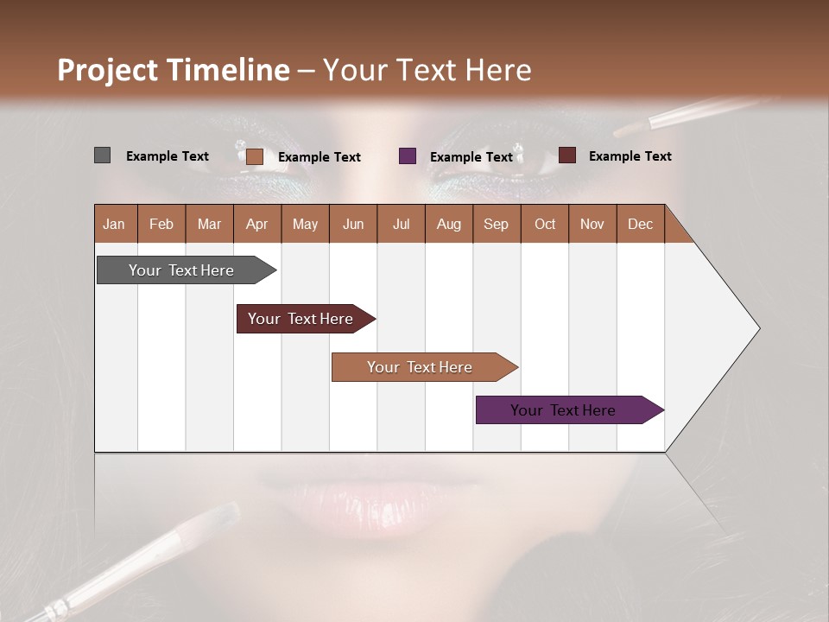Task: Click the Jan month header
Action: tap(114, 224)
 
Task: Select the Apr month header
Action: tap(256, 224)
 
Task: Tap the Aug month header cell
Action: tap(448, 224)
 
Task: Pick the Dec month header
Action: tap(640, 224)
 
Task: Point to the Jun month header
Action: tap(352, 224)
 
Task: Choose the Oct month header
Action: tap(544, 224)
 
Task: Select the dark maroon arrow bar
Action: tap(302, 319)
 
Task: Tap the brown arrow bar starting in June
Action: tap(421, 367)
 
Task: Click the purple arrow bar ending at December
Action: tap(566, 410)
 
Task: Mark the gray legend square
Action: tap(102, 155)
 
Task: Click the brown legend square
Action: tap(254, 156)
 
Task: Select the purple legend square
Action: tap(408, 155)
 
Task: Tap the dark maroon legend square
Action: tap(566, 155)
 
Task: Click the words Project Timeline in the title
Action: tap(173, 70)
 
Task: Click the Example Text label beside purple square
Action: tap(471, 156)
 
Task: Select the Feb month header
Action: tap(161, 224)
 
